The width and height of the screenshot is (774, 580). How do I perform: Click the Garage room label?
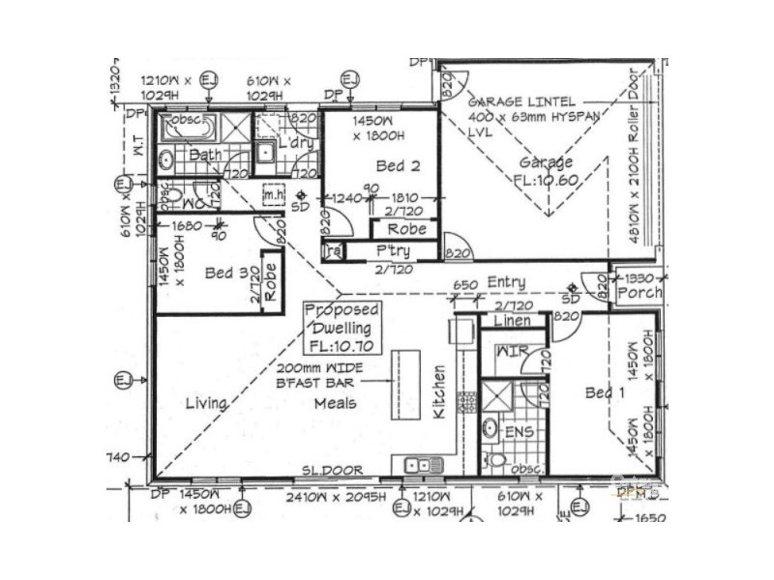point(546,162)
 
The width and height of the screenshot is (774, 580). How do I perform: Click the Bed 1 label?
point(607,392)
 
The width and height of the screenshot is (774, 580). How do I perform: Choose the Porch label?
point(640,292)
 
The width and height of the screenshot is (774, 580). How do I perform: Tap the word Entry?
point(506,282)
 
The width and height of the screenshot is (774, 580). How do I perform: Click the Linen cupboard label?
point(512,320)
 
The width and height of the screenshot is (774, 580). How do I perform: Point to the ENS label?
point(521,431)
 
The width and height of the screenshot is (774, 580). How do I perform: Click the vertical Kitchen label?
point(439,391)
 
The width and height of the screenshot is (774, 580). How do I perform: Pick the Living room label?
point(205,403)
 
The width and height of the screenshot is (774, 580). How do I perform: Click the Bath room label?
point(205,155)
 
